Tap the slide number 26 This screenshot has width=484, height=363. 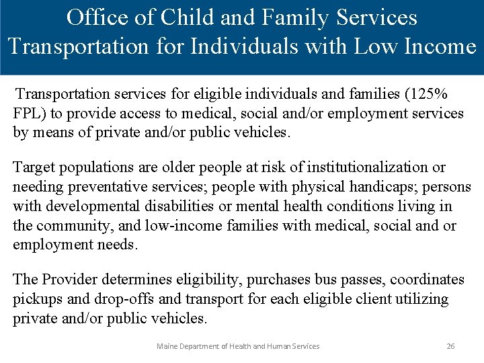tap(450, 346)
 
